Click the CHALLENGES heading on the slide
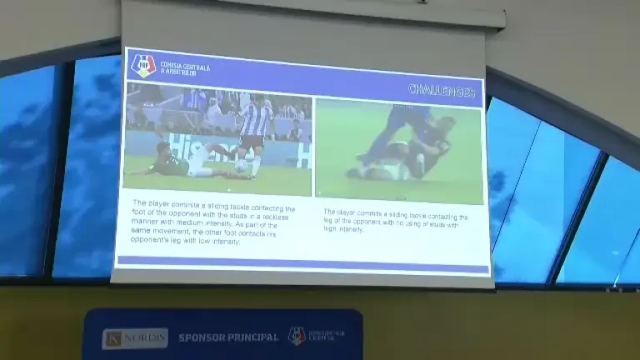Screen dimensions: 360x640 tap(442, 90)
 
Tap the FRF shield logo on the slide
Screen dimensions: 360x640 tap(143, 65)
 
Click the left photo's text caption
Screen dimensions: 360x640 tap(212, 221)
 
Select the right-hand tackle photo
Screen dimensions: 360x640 tap(398, 150)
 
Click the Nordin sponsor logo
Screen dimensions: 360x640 tap(135, 337)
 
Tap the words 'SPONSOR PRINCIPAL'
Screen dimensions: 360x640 tap(228, 337)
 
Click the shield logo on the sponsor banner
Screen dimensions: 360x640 tap(296, 335)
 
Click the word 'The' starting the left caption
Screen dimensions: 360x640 tap(139, 202)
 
